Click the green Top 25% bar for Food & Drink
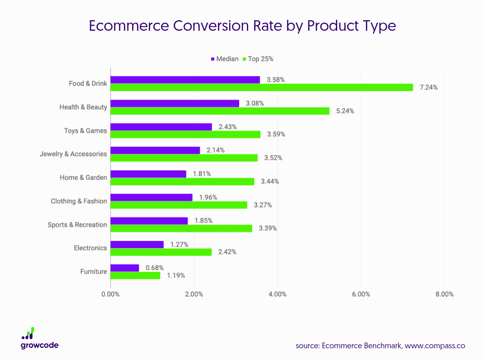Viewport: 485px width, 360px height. point(261,87)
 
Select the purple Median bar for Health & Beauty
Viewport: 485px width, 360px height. point(175,104)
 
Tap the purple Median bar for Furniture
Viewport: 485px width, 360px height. point(124,268)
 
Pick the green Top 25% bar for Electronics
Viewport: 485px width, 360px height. point(161,252)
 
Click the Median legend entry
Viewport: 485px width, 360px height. point(225,59)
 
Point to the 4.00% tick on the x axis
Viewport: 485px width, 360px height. point(277,294)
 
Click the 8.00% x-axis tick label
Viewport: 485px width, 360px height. point(444,294)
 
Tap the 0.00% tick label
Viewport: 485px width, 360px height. point(110,294)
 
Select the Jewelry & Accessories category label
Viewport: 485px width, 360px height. point(73,154)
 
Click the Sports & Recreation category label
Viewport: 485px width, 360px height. point(77,224)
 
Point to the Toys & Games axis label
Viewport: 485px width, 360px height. point(85,131)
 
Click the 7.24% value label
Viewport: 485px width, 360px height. point(428,87)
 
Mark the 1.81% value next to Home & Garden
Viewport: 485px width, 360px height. point(202,174)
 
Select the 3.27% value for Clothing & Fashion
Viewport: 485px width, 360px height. point(263,205)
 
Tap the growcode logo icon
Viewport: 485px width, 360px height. point(28,333)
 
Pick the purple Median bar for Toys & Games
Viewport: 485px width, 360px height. point(161,127)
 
